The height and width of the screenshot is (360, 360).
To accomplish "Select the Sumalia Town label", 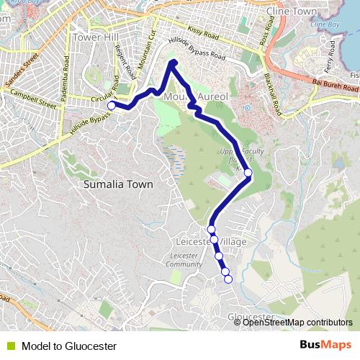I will click(x=118, y=184).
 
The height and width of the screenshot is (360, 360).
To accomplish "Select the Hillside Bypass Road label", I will click(x=196, y=50).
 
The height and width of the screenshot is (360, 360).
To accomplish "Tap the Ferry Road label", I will click(x=330, y=55).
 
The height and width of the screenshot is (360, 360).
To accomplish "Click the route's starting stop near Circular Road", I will click(x=112, y=106).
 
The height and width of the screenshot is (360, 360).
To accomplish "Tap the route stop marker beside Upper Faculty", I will click(x=248, y=173).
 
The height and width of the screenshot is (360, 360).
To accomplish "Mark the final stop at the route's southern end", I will click(x=229, y=279).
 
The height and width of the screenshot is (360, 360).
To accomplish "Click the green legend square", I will click(x=11, y=346).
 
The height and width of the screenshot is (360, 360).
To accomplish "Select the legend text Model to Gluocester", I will click(x=69, y=346).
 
